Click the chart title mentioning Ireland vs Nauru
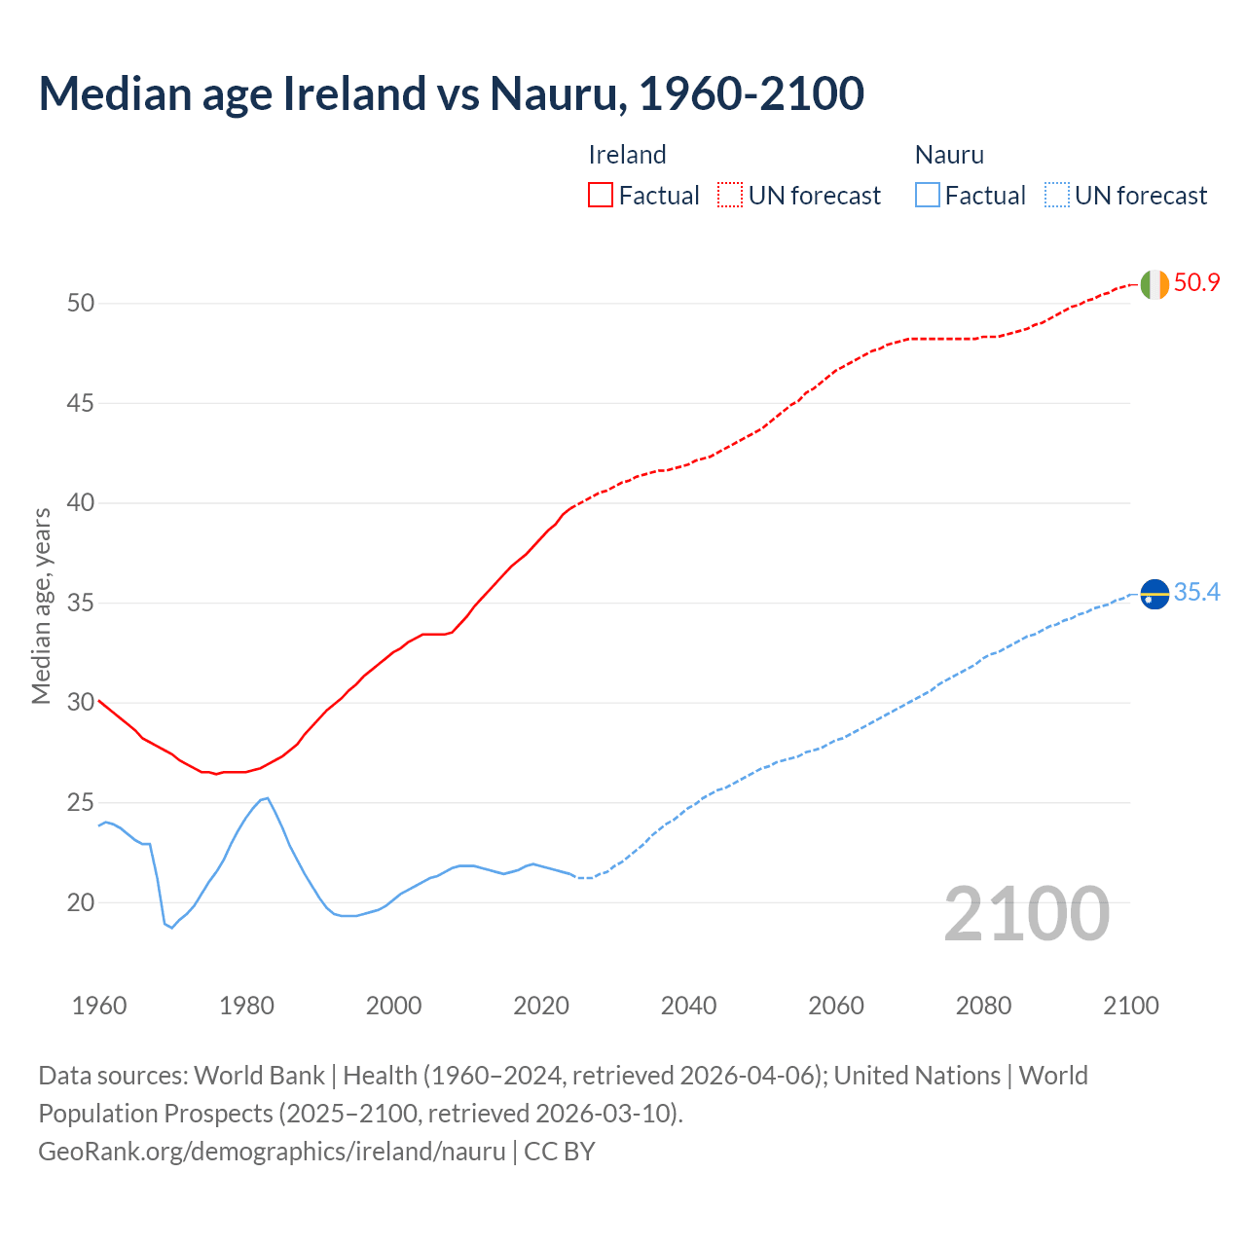(x=451, y=93)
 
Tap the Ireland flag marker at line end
(x=1154, y=284)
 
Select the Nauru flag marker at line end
(x=1154, y=593)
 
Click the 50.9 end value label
(x=1196, y=283)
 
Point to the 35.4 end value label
(x=1196, y=593)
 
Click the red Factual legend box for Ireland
(x=601, y=195)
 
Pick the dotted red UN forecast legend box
(x=730, y=195)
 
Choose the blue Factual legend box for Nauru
(x=928, y=195)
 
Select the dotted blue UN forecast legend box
(x=1057, y=195)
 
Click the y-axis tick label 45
(x=81, y=403)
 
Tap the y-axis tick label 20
(x=81, y=902)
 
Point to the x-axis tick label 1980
(x=246, y=1006)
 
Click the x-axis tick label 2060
(x=836, y=1006)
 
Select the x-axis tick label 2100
(x=1130, y=1006)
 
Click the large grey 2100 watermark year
(x=1026, y=913)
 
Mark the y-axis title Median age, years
(x=41, y=605)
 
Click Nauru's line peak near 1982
(x=268, y=798)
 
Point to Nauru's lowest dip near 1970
(x=172, y=928)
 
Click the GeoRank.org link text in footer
(x=272, y=1152)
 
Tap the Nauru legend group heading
(x=949, y=155)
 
